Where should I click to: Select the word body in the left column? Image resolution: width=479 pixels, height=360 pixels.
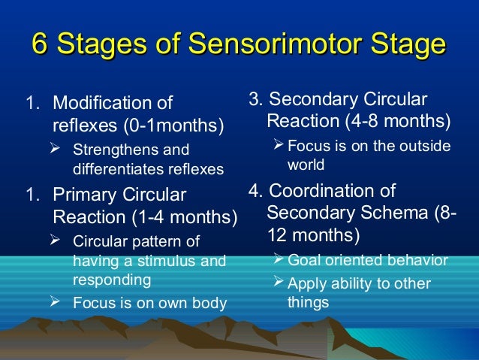(x=209, y=304)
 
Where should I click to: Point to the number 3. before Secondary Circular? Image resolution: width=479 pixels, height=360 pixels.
(x=255, y=99)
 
